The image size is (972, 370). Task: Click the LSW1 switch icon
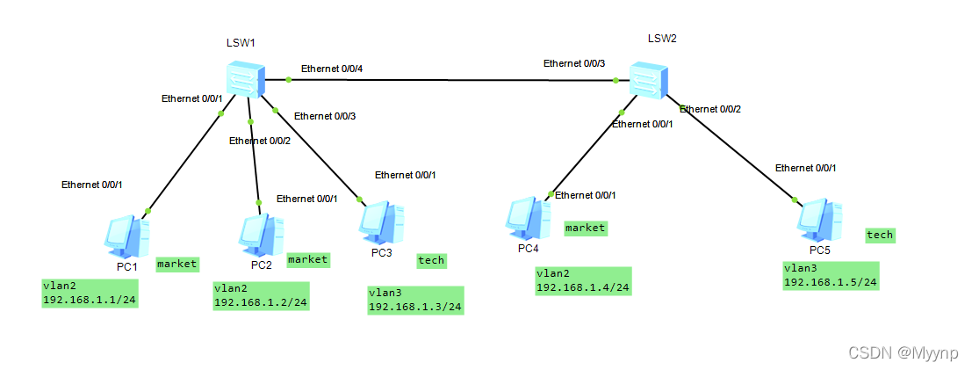244,79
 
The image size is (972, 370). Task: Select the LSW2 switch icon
648,80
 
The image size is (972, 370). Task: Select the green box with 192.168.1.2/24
261,296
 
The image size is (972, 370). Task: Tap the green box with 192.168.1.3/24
415,300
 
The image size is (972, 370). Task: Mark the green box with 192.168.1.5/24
831,275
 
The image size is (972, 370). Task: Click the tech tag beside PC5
880,235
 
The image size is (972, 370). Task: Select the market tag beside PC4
586,228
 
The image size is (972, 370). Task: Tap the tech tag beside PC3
431,260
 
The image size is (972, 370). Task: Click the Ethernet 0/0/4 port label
334,69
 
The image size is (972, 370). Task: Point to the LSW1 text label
240,42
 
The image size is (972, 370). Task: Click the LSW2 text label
662,38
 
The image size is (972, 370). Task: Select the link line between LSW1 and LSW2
452,80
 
